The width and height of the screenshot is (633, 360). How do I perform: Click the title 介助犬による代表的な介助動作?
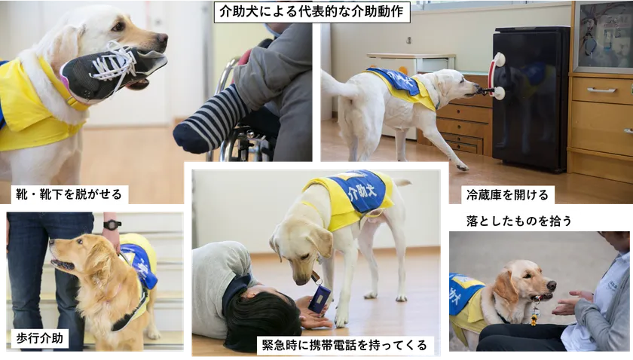[x=312, y=12]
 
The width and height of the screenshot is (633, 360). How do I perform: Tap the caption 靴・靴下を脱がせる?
[x=69, y=196]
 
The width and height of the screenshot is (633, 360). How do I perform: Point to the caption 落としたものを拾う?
[x=521, y=220]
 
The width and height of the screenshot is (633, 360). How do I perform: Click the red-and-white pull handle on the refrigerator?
[x=497, y=76]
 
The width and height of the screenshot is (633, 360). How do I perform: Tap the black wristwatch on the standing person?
[x=112, y=224]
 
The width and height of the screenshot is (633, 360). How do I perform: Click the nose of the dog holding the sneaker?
[x=161, y=38]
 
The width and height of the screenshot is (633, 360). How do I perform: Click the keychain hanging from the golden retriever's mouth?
[x=534, y=310]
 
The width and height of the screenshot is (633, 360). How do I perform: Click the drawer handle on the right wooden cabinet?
[x=601, y=90]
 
